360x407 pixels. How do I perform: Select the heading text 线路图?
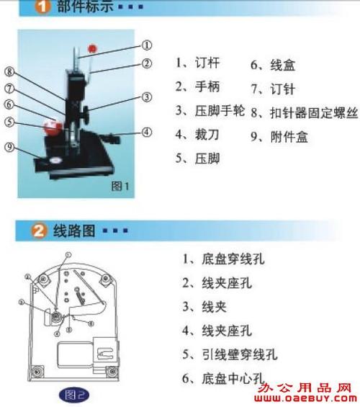(x=75, y=231)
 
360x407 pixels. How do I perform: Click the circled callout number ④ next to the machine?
(x=147, y=132)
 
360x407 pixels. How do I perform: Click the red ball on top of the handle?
(x=92, y=49)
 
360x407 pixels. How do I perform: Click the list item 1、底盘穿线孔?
(x=223, y=259)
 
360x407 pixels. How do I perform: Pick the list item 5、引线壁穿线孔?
(x=229, y=354)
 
